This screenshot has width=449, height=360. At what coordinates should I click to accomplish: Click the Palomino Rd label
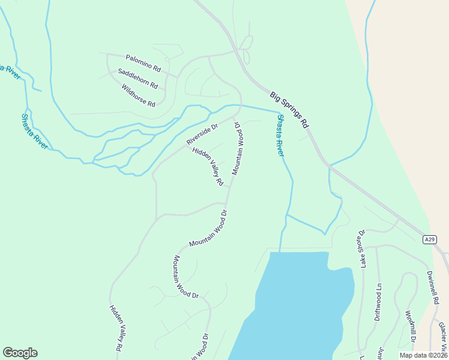tap(143, 62)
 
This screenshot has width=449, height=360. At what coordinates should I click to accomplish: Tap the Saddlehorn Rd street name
tap(137, 79)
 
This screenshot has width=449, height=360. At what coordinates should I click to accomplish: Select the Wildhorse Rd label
tap(138, 95)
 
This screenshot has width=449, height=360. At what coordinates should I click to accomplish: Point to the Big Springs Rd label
tap(289, 110)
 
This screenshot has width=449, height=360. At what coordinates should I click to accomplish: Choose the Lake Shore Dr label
tap(362, 247)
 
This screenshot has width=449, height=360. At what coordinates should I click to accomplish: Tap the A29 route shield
tap(429, 239)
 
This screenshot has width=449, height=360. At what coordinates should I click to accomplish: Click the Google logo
tap(20, 353)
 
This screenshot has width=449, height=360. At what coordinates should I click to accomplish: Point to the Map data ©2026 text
tap(423, 355)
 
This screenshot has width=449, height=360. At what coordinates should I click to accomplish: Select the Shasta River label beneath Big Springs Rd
tap(280, 136)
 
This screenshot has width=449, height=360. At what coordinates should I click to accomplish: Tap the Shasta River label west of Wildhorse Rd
tap(34, 131)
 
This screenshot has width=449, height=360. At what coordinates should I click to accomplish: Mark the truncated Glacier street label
tap(442, 337)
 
